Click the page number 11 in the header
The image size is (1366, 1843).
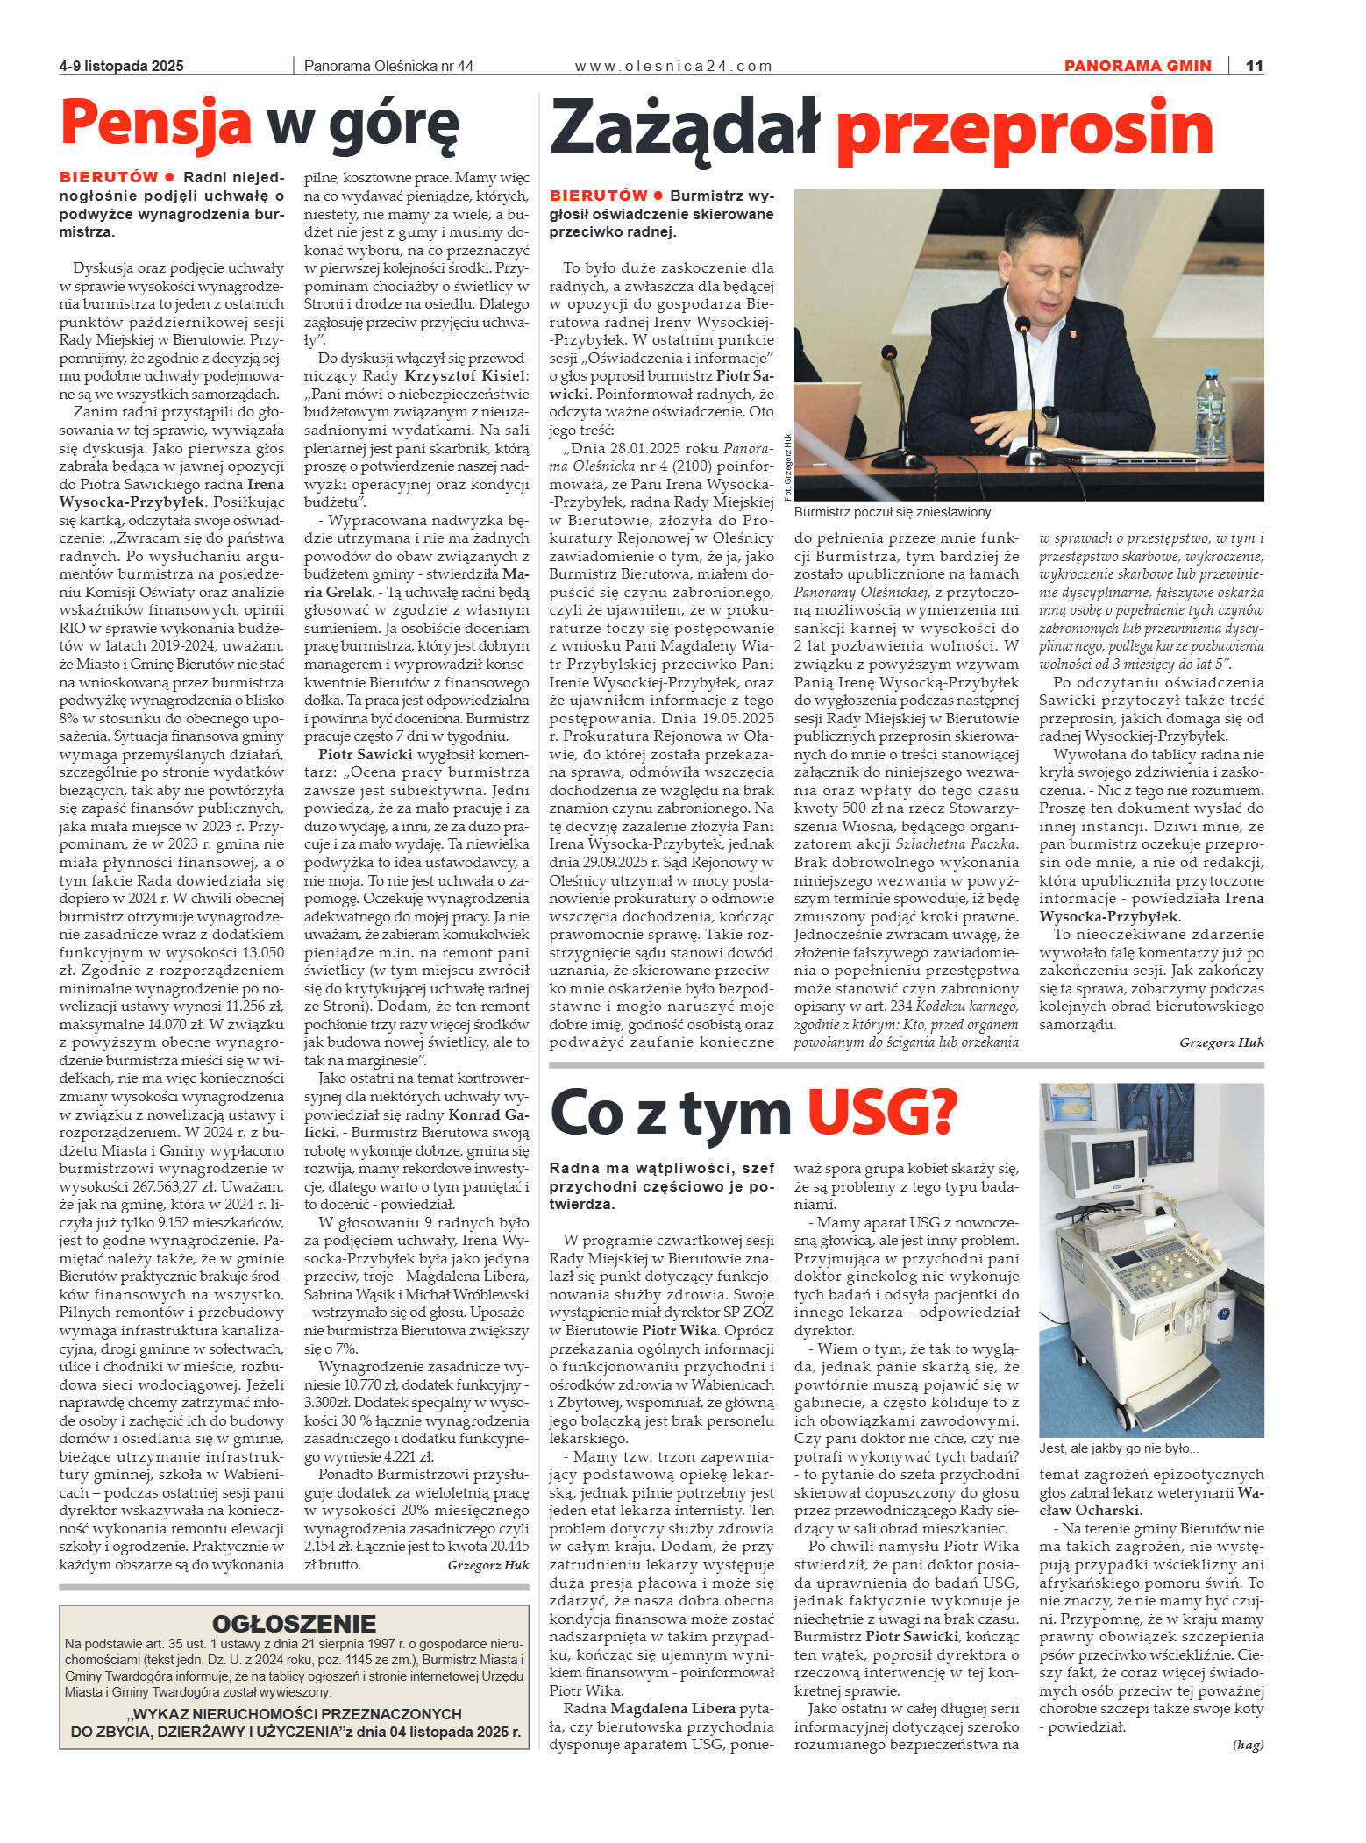1254,66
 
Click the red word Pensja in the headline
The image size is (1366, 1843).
156,123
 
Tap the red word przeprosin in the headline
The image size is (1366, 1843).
1024,129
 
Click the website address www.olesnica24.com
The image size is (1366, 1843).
672,66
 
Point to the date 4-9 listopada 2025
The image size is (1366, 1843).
122,66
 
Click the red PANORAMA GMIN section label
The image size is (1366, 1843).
1137,66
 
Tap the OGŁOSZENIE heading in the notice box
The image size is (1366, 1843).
294,1623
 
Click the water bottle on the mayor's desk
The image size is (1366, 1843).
1210,409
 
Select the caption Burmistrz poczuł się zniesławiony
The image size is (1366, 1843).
893,512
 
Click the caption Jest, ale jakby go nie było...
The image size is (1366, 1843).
1119,1448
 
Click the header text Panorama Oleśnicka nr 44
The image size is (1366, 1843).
388,66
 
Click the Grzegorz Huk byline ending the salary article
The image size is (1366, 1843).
487,1565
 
